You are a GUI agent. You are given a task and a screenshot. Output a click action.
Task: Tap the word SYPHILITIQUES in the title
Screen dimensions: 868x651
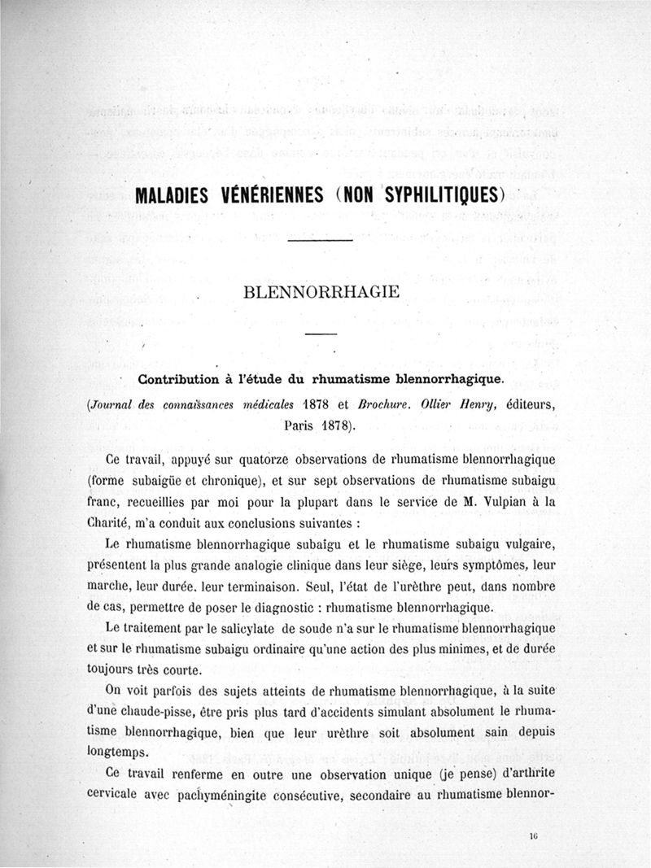(438, 196)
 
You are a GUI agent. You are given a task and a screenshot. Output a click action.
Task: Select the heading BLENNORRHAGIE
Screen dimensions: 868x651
(321, 292)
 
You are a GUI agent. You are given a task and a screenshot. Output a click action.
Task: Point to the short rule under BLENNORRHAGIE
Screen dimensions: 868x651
(321, 335)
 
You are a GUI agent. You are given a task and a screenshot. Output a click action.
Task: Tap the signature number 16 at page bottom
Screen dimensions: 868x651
(533, 835)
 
